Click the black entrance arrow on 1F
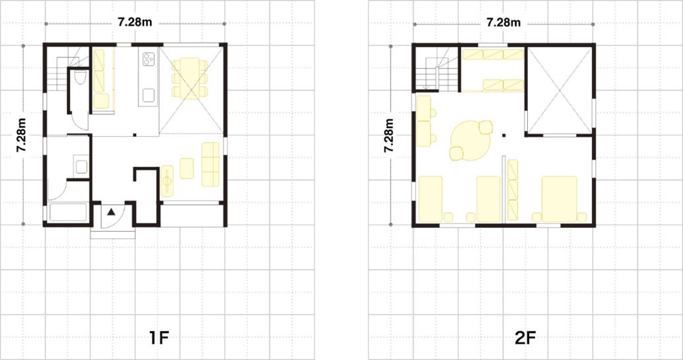111,212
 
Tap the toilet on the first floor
80,77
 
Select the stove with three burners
149,59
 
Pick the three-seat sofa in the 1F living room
211,164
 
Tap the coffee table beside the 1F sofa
187,168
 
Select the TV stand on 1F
167,181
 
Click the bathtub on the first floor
68,212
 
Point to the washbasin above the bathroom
81,166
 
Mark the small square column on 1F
135,135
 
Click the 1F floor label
159,338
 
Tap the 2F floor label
525,338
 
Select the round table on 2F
470,140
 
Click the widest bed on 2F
559,199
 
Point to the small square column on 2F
504,135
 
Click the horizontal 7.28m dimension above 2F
503,22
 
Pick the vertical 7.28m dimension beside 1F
21,135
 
